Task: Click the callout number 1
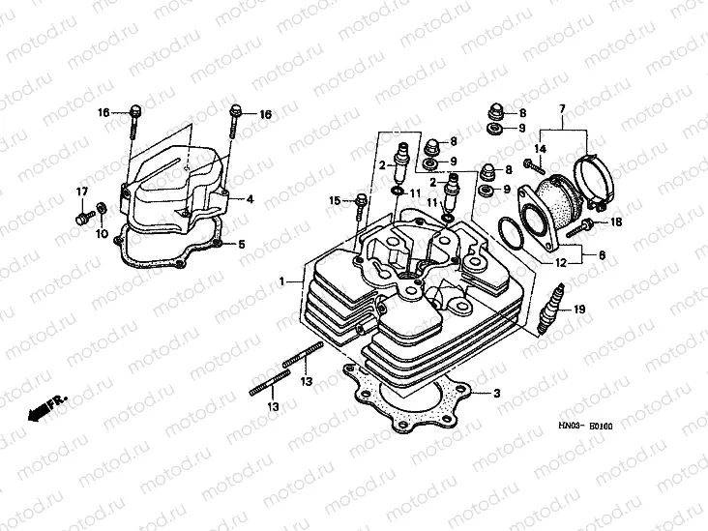coord(282,281)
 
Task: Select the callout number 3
coord(496,394)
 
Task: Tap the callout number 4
coord(251,199)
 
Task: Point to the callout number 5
coord(243,244)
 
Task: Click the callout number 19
coord(580,310)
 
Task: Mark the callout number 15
coord(335,201)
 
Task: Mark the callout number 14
coord(541,148)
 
